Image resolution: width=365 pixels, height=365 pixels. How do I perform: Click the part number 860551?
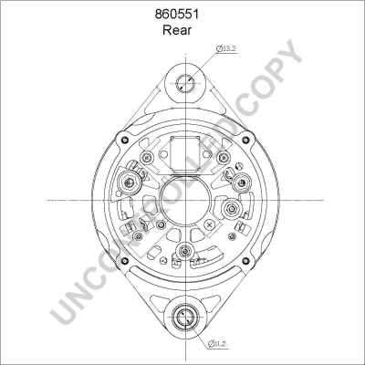coord(182,16)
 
